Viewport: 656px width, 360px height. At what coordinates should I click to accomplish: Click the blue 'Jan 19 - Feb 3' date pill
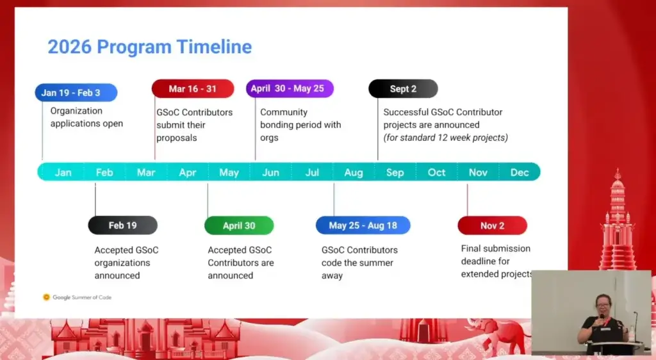pyautogui.click(x=76, y=92)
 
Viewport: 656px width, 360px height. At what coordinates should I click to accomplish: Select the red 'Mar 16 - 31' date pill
pyautogui.click(x=193, y=88)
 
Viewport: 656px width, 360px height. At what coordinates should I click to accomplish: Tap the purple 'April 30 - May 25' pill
pyautogui.click(x=290, y=88)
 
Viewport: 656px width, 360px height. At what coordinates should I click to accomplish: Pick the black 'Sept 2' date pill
pyautogui.click(x=404, y=88)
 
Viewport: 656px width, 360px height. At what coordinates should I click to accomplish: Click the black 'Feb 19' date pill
pyautogui.click(x=122, y=225)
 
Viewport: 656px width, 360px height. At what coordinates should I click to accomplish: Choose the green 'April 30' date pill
pyautogui.click(x=239, y=225)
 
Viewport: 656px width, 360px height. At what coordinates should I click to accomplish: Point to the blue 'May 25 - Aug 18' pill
pyautogui.click(x=363, y=225)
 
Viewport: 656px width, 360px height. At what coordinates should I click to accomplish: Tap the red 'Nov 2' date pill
pyautogui.click(x=493, y=225)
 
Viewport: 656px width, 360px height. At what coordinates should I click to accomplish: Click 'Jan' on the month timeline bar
pyautogui.click(x=63, y=172)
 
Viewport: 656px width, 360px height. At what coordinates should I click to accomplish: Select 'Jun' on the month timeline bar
pyautogui.click(x=271, y=172)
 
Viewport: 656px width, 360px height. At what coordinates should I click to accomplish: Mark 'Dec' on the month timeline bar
pyautogui.click(x=520, y=172)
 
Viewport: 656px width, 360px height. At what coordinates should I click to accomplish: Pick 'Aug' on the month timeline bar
pyautogui.click(x=354, y=173)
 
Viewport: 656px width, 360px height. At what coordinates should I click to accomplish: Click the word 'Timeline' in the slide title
pyautogui.click(x=214, y=46)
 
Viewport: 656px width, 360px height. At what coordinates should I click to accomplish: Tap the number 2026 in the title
pyautogui.click(x=69, y=47)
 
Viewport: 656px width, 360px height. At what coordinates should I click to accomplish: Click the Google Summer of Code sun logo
pyautogui.click(x=46, y=297)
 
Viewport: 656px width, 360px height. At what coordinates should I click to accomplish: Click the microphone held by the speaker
pyautogui.click(x=602, y=318)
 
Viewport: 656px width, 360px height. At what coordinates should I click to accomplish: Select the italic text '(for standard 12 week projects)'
pyautogui.click(x=446, y=138)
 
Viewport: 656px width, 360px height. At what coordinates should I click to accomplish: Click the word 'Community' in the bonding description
pyautogui.click(x=284, y=112)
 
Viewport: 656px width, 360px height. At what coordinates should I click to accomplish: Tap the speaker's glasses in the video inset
pyautogui.click(x=603, y=305)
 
